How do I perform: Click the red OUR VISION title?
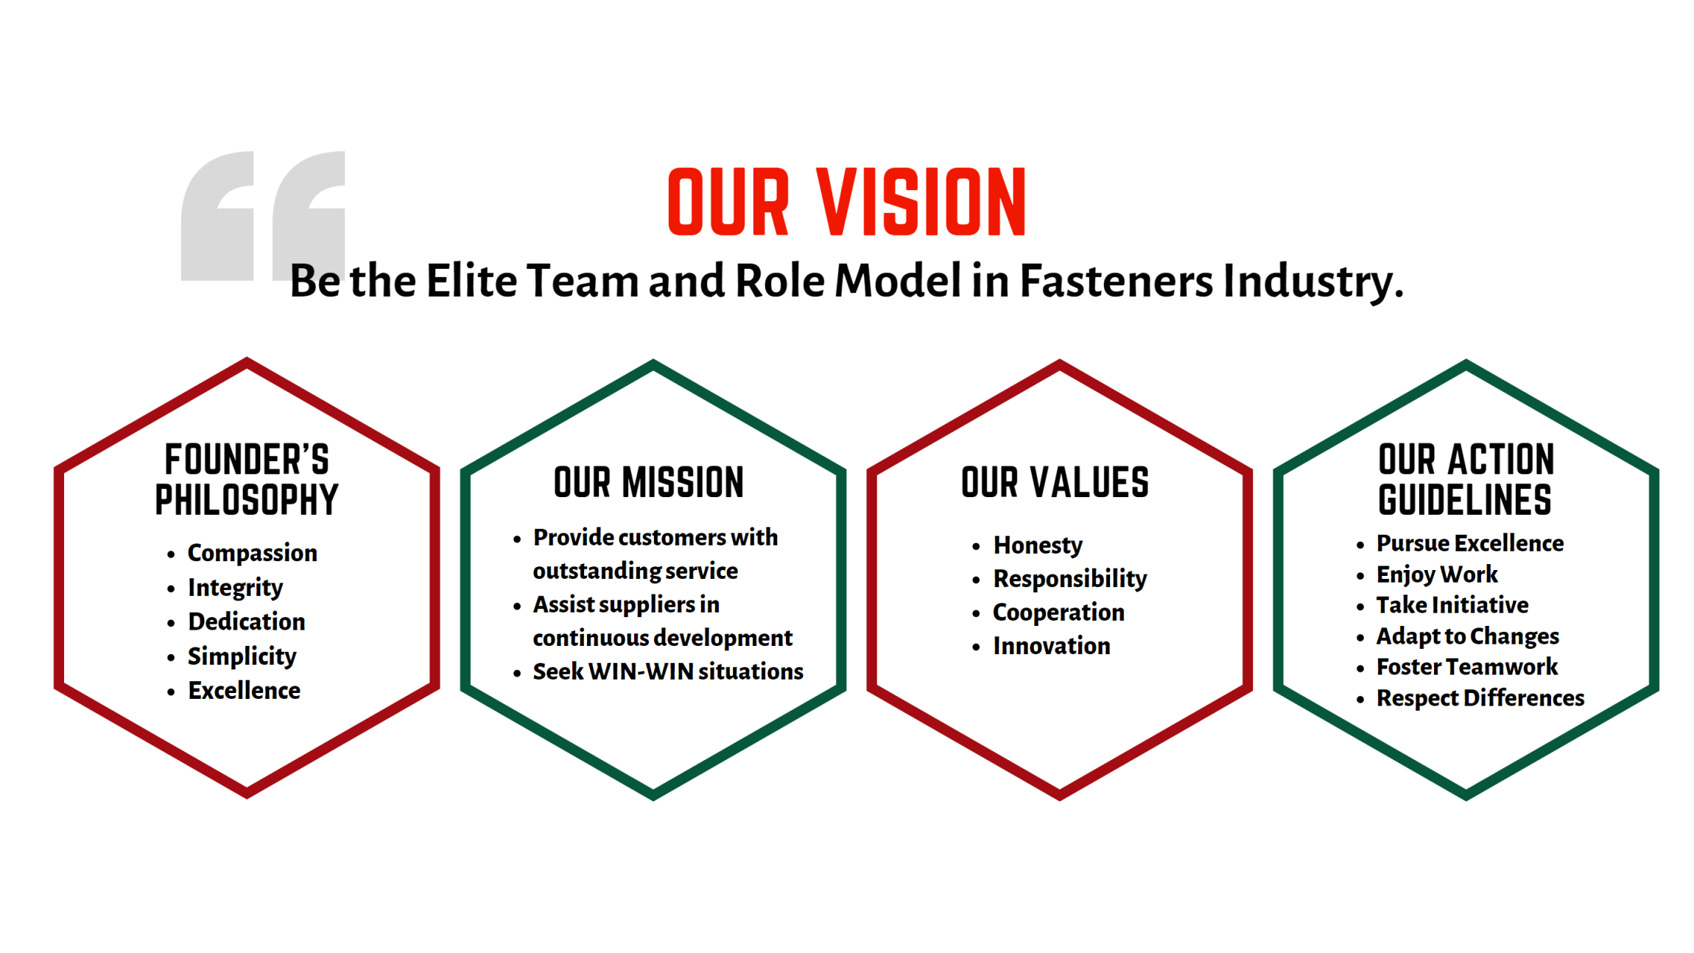846,202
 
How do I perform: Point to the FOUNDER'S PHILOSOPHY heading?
247,479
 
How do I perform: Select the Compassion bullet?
253,553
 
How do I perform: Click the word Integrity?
235,588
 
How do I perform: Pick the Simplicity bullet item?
242,656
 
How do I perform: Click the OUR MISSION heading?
649,482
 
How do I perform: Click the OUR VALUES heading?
1055,482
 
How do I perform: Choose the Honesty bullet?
1038,546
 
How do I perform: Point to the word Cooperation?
1058,613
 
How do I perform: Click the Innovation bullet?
1052,646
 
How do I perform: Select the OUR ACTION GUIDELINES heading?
1466,479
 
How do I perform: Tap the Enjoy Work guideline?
1437,574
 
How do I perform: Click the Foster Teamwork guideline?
1467,667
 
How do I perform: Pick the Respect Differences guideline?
1480,698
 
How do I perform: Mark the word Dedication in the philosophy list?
247,622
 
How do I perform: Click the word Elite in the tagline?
471,281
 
